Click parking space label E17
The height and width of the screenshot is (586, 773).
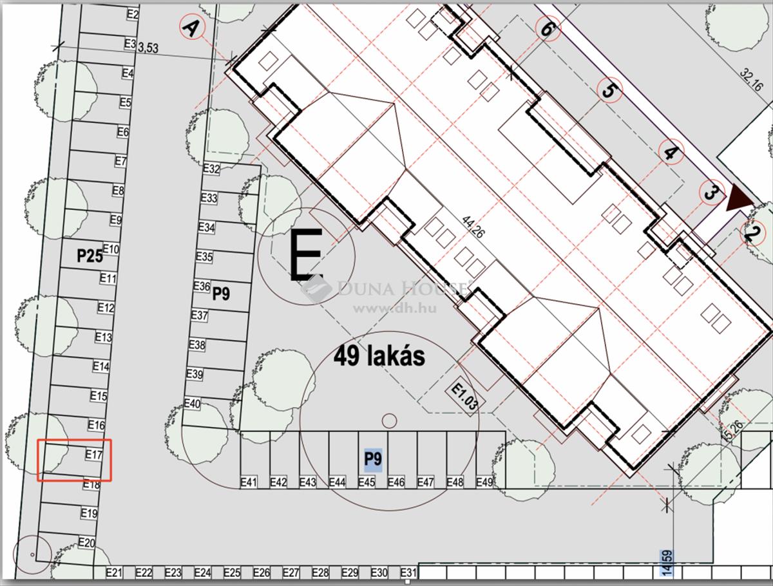94,455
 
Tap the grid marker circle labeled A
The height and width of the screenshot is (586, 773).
192,28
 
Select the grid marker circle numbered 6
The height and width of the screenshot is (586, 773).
548,29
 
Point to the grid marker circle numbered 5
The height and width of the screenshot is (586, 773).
610,90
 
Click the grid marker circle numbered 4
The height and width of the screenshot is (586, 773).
671,153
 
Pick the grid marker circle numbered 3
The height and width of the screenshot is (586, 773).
712,192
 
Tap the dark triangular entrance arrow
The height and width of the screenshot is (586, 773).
739,198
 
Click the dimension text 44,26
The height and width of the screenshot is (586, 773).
472,227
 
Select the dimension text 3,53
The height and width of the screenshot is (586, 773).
148,48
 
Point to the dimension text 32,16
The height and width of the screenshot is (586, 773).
751,80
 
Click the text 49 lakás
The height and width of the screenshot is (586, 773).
379,356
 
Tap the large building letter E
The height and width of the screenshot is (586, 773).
306,254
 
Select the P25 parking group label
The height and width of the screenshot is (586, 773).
90,256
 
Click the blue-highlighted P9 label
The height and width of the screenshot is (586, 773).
373,458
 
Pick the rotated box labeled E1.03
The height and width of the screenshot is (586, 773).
465,397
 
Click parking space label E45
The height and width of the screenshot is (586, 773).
367,482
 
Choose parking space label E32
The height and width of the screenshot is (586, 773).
211,169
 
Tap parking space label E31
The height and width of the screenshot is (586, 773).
408,572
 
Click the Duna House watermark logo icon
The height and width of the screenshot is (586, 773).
316,289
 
